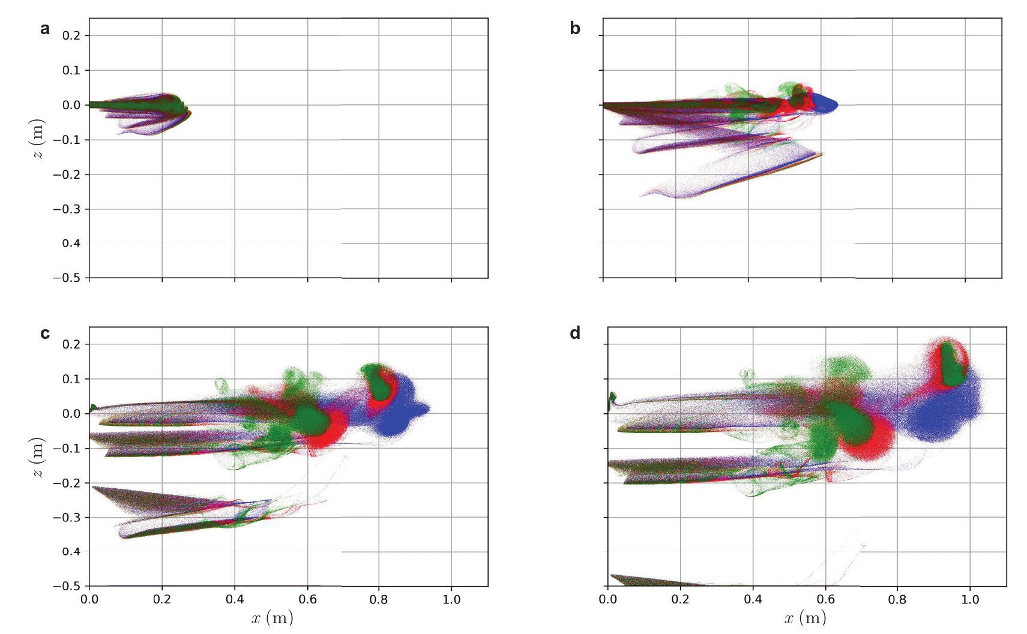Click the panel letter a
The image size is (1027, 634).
(x=45, y=29)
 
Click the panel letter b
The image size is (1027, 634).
(x=574, y=29)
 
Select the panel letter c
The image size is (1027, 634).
(x=45, y=333)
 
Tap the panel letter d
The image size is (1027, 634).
(x=574, y=333)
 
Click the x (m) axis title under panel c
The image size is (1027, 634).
(x=272, y=618)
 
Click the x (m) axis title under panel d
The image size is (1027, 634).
(x=804, y=618)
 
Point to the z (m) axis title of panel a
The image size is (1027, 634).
(x=38, y=140)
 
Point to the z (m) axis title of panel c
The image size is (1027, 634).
(x=38, y=457)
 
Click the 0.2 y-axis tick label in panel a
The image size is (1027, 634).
(x=71, y=35)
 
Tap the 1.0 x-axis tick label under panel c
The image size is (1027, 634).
(x=451, y=599)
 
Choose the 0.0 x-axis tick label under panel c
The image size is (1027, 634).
(x=89, y=599)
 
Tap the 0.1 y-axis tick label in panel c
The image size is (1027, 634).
(x=71, y=379)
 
